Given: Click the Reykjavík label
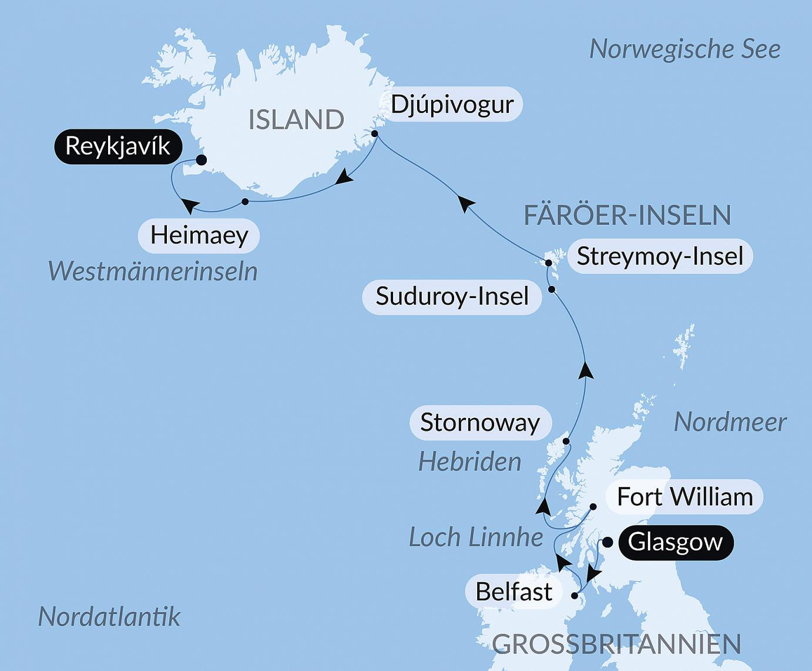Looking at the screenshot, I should pyautogui.click(x=118, y=146).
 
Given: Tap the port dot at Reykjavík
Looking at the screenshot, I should pyautogui.click(x=201, y=159).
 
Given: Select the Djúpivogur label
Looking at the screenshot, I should pyautogui.click(x=452, y=105).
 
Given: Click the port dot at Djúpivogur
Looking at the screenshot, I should pyautogui.click(x=375, y=134).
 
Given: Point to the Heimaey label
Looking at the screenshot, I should pyautogui.click(x=199, y=235).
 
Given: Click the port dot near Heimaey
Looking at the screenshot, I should pyautogui.click(x=245, y=202).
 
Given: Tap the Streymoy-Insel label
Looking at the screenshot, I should pyautogui.click(x=660, y=256).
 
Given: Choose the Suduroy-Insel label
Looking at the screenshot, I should pyautogui.click(x=452, y=296).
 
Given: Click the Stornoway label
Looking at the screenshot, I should pyautogui.click(x=480, y=422).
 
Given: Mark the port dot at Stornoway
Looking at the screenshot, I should pyautogui.click(x=566, y=441).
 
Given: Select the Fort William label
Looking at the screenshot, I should pyautogui.click(x=685, y=497).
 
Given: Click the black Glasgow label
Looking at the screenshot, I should pyautogui.click(x=675, y=542).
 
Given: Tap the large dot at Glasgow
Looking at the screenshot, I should pyautogui.click(x=608, y=542).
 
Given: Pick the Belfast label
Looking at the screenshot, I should pyautogui.click(x=514, y=591).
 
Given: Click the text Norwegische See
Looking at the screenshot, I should pyautogui.click(x=685, y=49).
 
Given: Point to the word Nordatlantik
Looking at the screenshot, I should pyautogui.click(x=109, y=616).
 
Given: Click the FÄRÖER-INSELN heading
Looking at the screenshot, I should pyautogui.click(x=627, y=215).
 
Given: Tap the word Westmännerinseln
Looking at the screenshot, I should pyautogui.click(x=153, y=272).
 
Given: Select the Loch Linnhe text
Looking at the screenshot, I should pyautogui.click(x=475, y=537).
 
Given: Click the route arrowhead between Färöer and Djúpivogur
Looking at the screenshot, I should pyautogui.click(x=467, y=204).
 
